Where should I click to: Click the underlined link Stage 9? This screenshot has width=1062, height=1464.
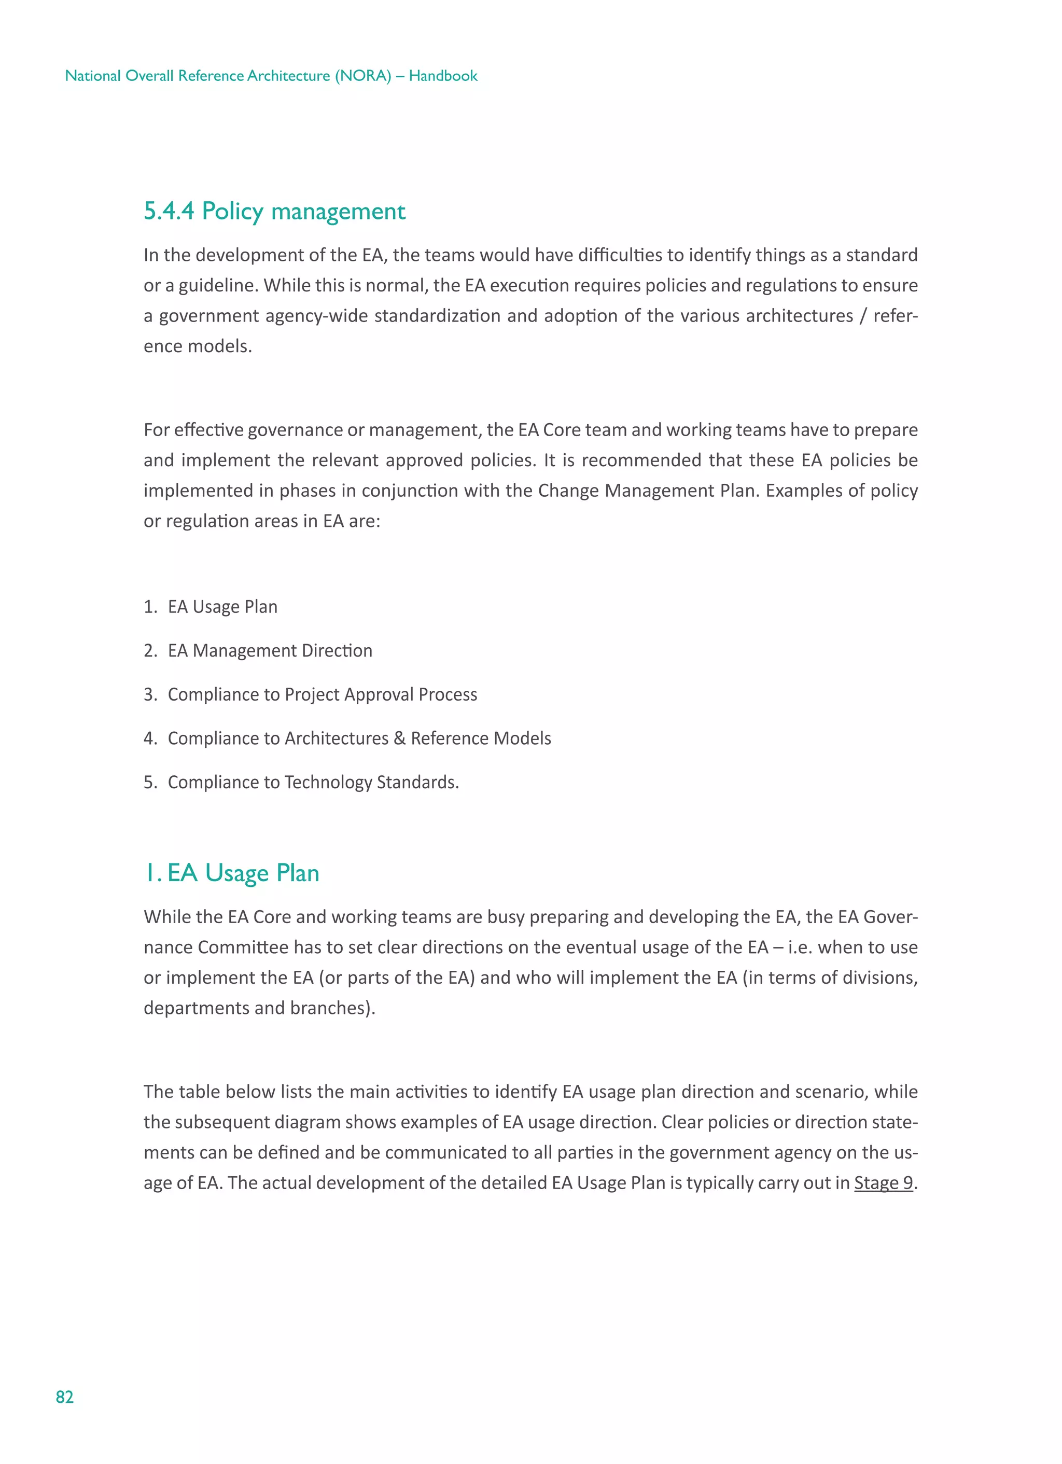click(x=883, y=1182)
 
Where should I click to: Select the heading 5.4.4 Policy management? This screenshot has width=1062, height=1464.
click(x=274, y=211)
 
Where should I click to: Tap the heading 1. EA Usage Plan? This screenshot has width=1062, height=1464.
click(x=232, y=873)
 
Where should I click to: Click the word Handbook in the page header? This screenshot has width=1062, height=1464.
click(x=443, y=76)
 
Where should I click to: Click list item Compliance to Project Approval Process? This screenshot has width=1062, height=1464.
click(x=322, y=694)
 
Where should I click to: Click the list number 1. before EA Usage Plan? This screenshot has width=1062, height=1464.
click(x=150, y=607)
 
